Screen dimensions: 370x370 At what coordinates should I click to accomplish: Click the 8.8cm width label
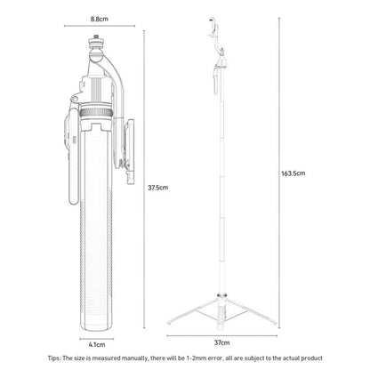coord(100,19)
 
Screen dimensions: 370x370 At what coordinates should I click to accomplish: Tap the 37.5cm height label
coord(157,188)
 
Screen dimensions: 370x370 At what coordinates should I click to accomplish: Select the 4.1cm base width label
coord(97,344)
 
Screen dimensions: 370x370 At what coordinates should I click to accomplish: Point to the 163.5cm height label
coord(294,173)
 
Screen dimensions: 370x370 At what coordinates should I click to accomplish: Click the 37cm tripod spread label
coord(221,342)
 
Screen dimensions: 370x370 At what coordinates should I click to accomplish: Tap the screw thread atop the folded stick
coord(96,36)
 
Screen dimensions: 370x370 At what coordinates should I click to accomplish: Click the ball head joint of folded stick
coord(96,52)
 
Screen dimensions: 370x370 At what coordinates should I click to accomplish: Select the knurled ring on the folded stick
coord(95,113)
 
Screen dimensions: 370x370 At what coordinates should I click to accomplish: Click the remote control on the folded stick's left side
coord(72,156)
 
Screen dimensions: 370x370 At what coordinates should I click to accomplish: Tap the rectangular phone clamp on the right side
coord(130,151)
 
